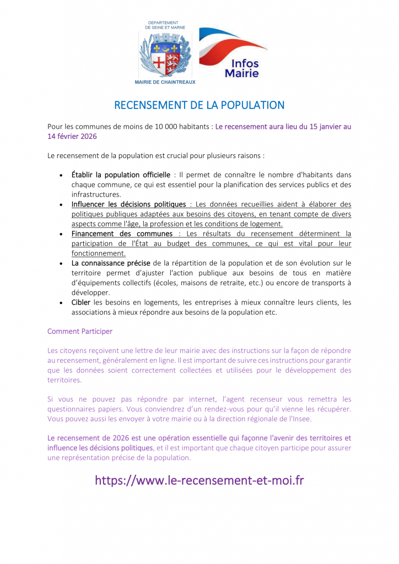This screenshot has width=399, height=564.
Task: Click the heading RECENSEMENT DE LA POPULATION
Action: tap(199, 105)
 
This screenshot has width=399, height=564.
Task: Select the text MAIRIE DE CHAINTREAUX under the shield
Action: tap(165, 82)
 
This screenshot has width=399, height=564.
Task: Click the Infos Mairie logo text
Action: tap(241, 68)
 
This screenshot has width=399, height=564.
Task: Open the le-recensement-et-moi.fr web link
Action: tap(199, 480)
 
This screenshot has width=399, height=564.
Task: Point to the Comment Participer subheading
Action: tap(80, 332)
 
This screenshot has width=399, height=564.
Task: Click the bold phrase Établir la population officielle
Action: tap(121, 175)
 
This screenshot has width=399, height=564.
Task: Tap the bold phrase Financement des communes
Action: tap(122, 234)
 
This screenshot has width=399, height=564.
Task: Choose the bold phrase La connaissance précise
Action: tap(111, 263)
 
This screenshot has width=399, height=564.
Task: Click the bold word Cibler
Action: tap(81, 302)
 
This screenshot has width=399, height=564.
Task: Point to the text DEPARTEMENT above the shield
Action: tap(165, 22)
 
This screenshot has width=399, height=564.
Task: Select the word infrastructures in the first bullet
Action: tap(96, 194)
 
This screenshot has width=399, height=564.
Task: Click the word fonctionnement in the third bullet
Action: tap(98, 253)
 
